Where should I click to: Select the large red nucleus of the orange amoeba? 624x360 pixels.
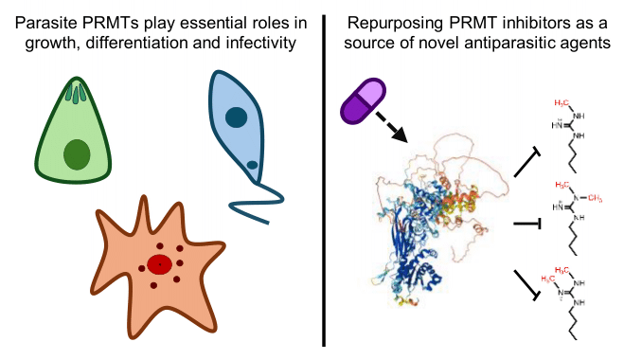pos(160,264)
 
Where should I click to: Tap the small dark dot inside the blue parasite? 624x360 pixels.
pos(252,164)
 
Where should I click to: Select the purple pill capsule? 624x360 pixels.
pos(363,101)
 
